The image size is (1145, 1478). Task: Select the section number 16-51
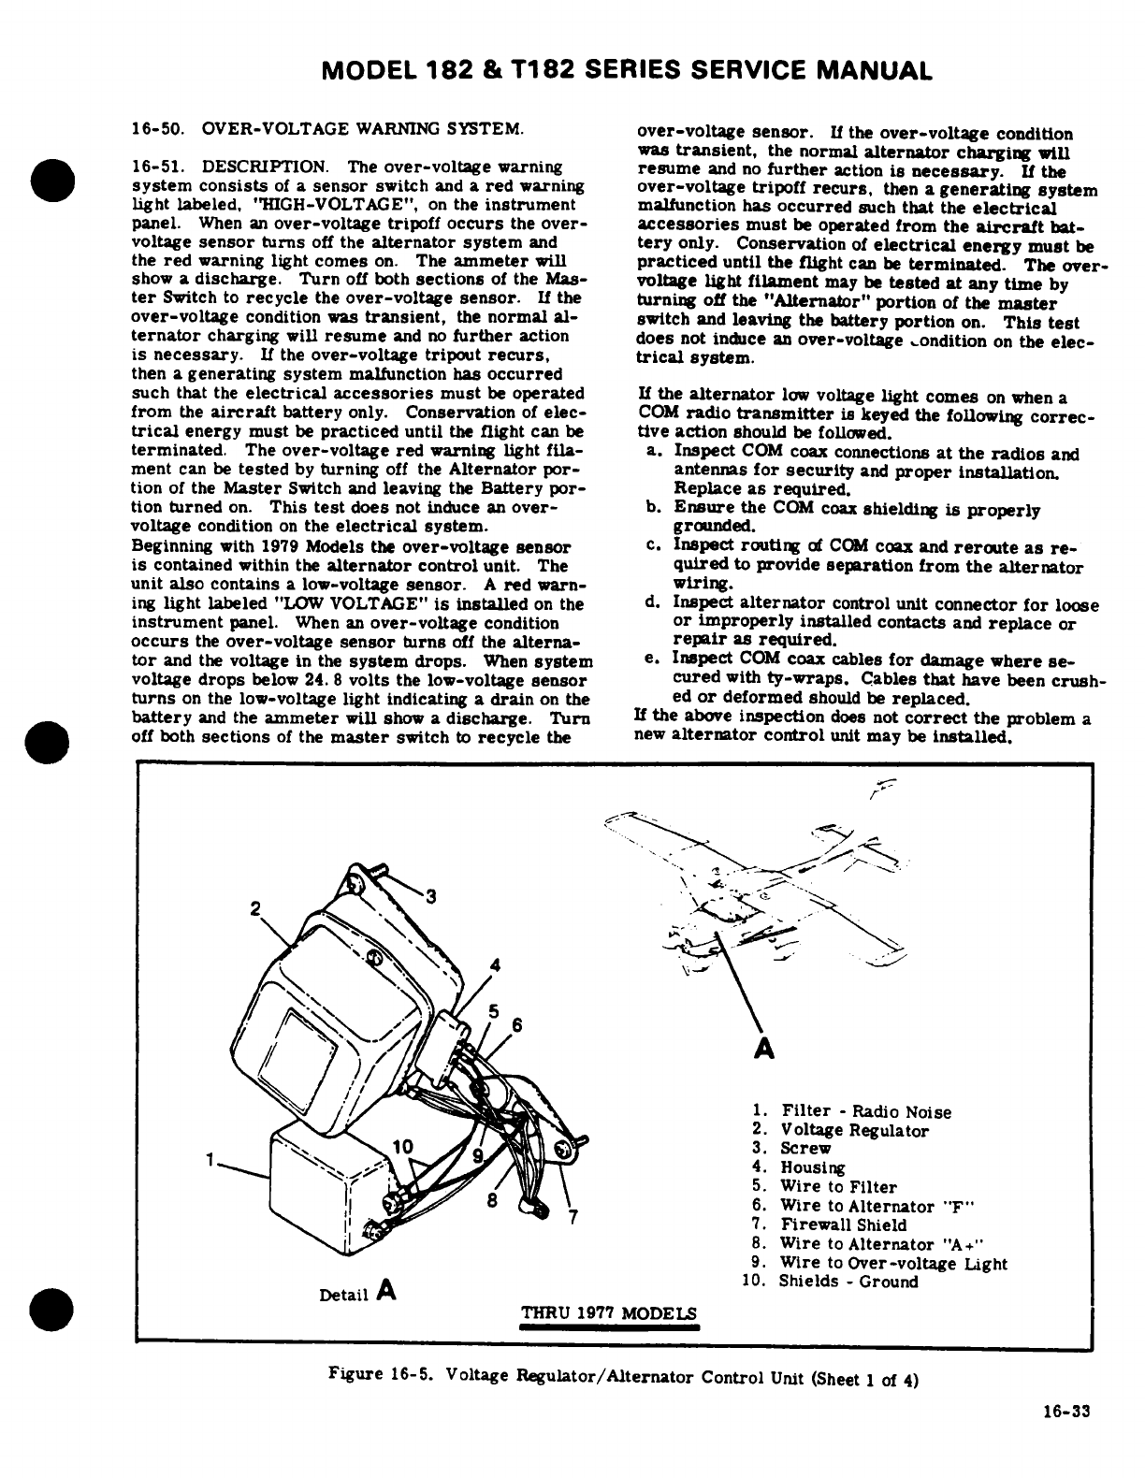coord(152,167)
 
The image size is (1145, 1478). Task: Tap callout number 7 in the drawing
coord(575,1217)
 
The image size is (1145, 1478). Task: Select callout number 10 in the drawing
coord(402,1146)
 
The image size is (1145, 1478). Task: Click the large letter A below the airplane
coord(763,1049)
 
